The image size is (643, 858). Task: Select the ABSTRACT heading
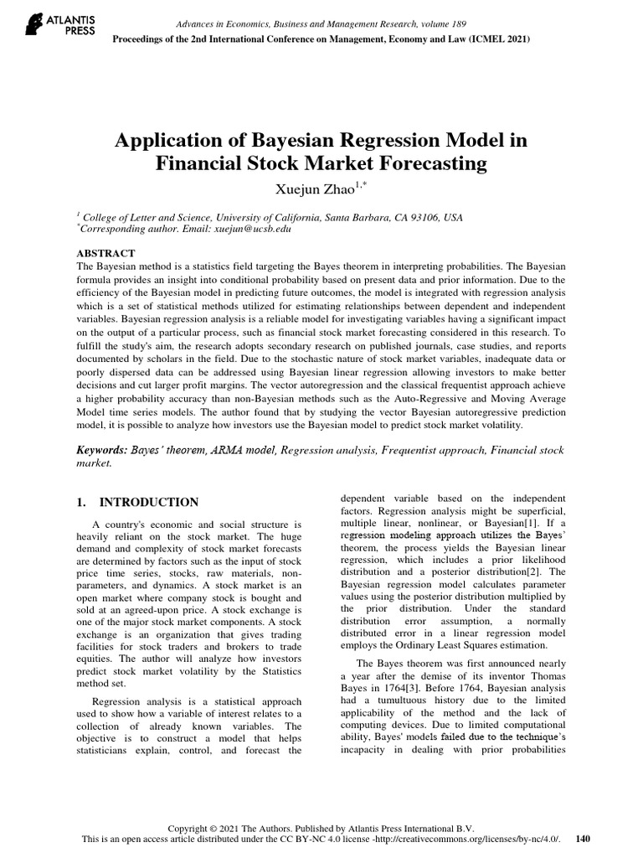pos(105,253)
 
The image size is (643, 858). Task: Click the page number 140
pos(584,839)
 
